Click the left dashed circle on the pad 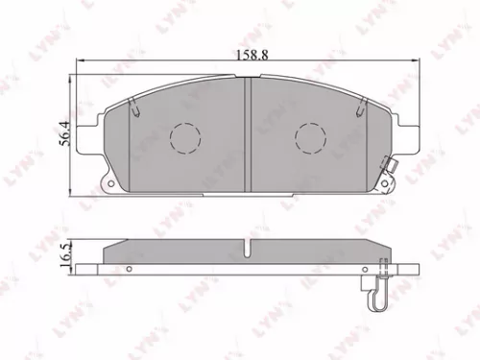coord(184,139)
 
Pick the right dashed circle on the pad coord(311,139)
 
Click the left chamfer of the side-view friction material coord(110,246)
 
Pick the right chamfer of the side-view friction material coord(386,246)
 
